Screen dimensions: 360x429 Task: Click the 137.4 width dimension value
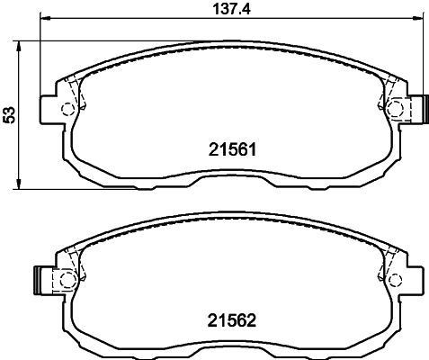pos(221,10)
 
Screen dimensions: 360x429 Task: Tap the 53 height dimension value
pos(10,114)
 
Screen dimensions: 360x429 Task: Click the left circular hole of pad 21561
pos(67,110)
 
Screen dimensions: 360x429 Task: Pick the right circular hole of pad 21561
pos(397,110)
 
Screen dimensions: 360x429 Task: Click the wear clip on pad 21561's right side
pos(418,108)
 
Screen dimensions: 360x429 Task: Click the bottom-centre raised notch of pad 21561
pos(232,179)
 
